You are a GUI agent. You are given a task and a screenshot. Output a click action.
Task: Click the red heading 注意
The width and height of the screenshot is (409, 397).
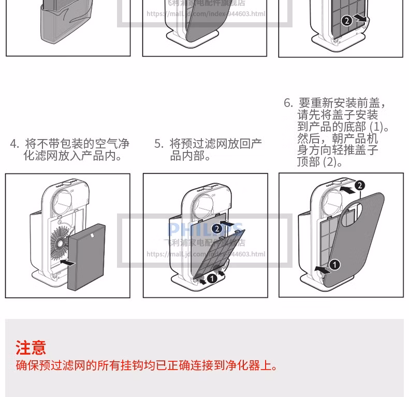click(31, 347)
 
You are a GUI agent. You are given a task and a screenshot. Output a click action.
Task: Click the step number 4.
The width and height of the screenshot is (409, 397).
click(14, 144)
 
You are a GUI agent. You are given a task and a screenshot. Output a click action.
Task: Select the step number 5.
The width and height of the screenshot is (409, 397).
click(158, 144)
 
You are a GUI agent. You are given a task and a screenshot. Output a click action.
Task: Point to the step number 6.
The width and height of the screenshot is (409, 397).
click(288, 103)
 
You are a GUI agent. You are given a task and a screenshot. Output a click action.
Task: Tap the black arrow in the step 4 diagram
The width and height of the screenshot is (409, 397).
click(67, 263)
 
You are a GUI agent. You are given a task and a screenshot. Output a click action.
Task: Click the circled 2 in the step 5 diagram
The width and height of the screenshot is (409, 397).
click(217, 228)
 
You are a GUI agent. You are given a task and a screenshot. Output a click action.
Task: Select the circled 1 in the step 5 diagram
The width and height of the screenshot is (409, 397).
click(211, 279)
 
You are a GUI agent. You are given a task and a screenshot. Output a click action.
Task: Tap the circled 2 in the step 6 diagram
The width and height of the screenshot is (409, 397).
click(360, 185)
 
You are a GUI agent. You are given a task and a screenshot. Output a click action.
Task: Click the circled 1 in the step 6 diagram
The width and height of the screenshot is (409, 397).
click(335, 265)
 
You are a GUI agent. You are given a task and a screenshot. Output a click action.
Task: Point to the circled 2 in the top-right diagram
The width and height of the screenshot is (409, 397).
click(347, 20)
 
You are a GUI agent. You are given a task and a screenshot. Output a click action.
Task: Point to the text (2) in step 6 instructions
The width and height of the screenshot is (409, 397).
click(330, 162)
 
